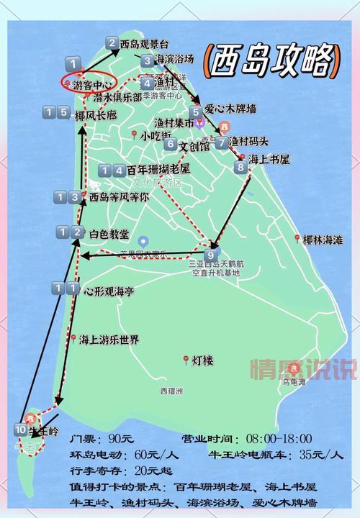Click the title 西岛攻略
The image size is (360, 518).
(271, 60)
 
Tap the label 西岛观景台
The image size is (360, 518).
(145, 44)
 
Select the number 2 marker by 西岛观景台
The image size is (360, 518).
(112, 43)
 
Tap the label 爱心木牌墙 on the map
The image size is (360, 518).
(231, 109)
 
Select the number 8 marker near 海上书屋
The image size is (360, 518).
(240, 167)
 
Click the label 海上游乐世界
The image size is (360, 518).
(109, 340)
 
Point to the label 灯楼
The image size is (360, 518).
(203, 360)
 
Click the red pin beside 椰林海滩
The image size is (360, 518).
(297, 238)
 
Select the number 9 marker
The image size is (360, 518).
(211, 255)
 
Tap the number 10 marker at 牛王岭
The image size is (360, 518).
(20, 430)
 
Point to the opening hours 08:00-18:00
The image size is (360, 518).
(278, 440)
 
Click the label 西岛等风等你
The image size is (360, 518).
(119, 196)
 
